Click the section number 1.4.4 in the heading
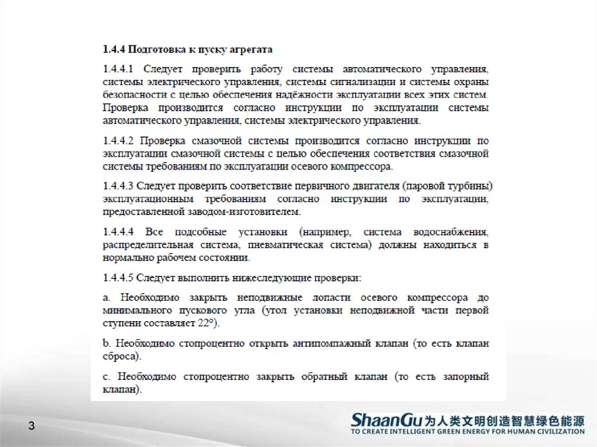(x=113, y=48)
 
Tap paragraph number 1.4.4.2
(x=118, y=141)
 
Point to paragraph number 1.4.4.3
(x=118, y=186)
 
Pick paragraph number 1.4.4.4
(x=118, y=231)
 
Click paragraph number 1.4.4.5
(x=118, y=276)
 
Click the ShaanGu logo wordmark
(x=385, y=420)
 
